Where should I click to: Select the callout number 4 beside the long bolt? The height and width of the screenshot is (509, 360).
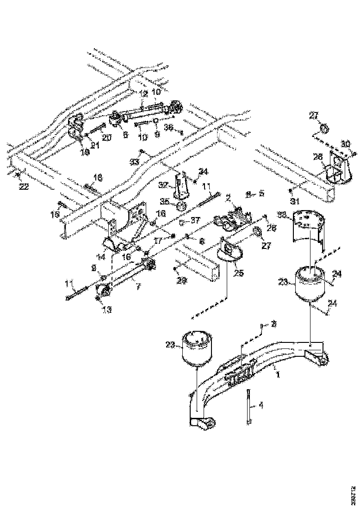261,405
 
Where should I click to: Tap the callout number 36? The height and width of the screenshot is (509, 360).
170,128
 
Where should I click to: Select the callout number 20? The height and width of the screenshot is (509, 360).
106,137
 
